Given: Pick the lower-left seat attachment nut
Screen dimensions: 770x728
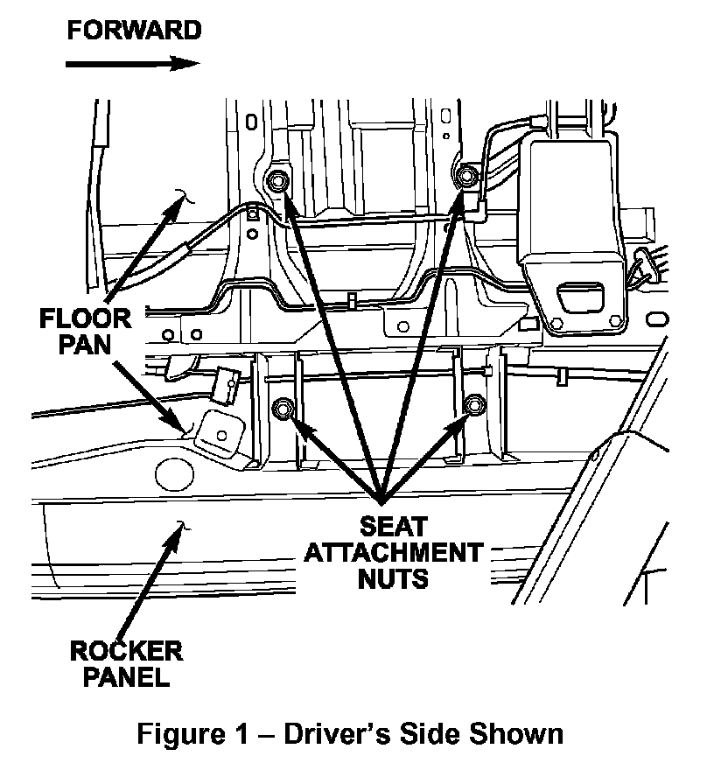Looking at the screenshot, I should click(283, 408).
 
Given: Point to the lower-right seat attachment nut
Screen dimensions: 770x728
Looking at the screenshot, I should click(474, 406).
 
